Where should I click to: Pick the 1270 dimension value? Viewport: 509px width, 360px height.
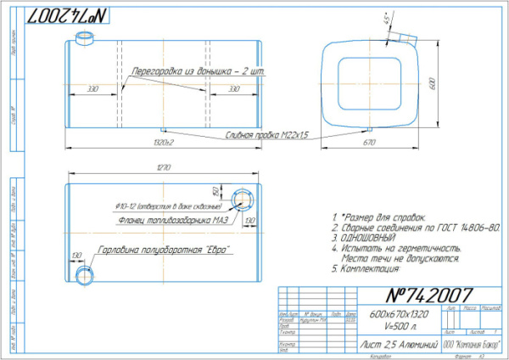coord(161,166)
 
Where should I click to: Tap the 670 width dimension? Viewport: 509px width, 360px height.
coord(369,143)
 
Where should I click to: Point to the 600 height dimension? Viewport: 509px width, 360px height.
coord(432,86)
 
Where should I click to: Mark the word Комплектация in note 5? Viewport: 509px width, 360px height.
coord(370,270)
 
